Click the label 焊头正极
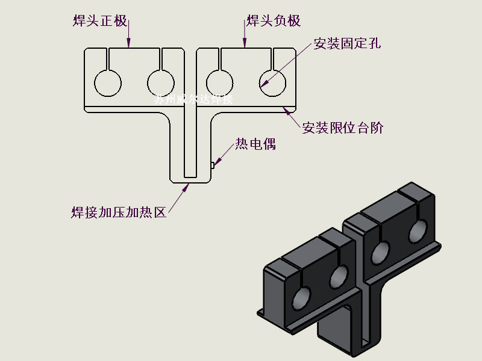[x=99, y=22]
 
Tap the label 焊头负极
[x=274, y=22]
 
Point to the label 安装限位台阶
[x=343, y=128]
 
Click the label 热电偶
[x=255, y=144]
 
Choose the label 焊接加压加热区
[x=118, y=212]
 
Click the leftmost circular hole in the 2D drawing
[x=108, y=83]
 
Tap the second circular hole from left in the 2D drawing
[x=161, y=83]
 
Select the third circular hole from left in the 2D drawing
[x=219, y=83]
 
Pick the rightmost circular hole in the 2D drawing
[x=272, y=83]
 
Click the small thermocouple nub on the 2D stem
[x=212, y=164]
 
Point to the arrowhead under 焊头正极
[x=128, y=43]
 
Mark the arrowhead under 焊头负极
[x=244, y=43]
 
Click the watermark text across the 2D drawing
[x=193, y=99]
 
